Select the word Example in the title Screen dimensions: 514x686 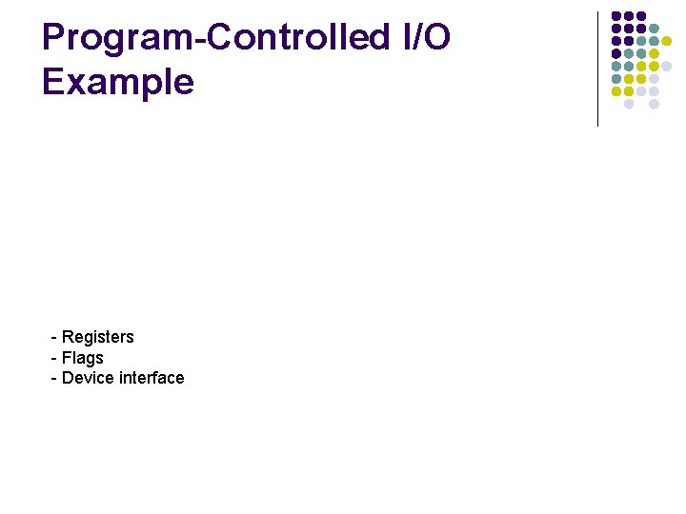(x=117, y=82)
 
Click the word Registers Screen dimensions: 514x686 (x=98, y=337)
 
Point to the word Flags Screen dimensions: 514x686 (x=83, y=358)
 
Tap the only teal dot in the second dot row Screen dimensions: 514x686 (x=655, y=29)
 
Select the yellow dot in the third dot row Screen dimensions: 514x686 (x=667, y=41)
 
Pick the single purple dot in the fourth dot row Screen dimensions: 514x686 (x=616, y=53)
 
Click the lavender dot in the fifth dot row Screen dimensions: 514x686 (x=667, y=66)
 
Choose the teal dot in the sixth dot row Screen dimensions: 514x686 (x=616, y=79)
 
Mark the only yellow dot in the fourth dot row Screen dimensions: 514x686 (x=655, y=53)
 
